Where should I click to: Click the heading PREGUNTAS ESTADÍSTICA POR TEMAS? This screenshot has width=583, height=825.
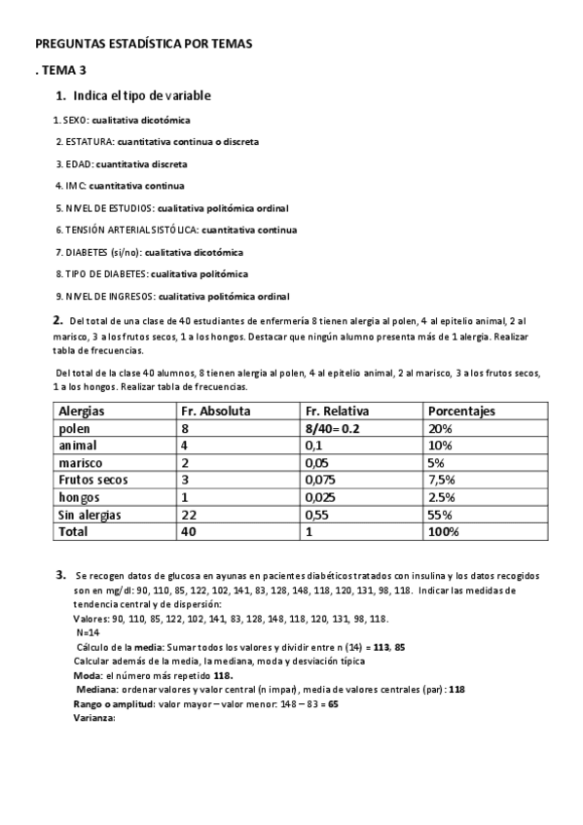pyautogui.click(x=142, y=45)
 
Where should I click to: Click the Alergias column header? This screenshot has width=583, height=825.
pyautogui.click(x=82, y=412)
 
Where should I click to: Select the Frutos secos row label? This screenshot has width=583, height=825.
pyautogui.click(x=94, y=480)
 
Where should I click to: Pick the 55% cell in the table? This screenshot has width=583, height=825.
pyautogui.click(x=440, y=515)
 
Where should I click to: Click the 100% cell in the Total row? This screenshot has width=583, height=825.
pyautogui.click(x=444, y=532)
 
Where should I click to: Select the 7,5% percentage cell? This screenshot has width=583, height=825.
pyautogui.click(x=442, y=480)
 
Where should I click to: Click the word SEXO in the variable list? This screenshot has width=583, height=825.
pyautogui.click(x=74, y=120)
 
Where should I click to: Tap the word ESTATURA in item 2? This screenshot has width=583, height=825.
pyautogui.click(x=87, y=141)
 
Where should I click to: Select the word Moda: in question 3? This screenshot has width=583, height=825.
pyautogui.click(x=89, y=674)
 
